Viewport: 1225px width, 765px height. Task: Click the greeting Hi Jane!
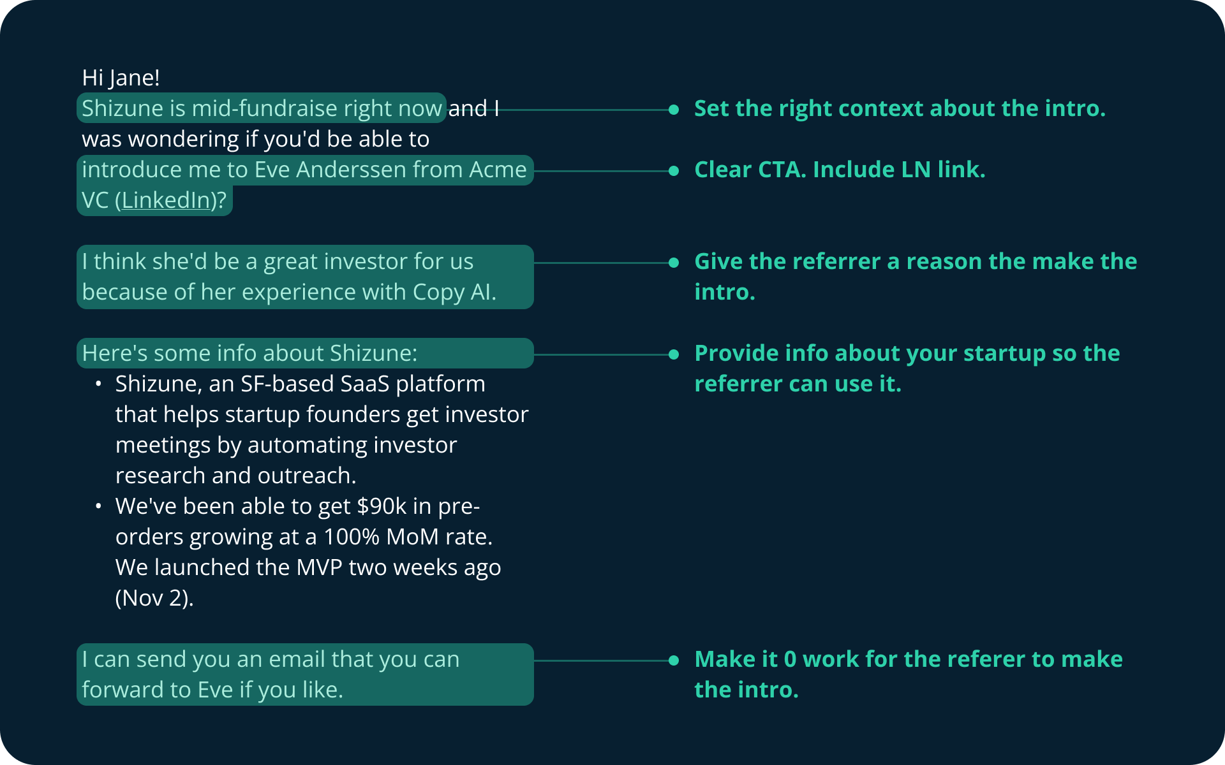(x=121, y=78)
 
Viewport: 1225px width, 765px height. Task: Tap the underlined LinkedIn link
(x=166, y=200)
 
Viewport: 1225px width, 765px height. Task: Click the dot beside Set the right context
(x=674, y=110)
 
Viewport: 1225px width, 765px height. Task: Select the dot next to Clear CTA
(x=674, y=171)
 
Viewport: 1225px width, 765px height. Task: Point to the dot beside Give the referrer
(x=674, y=263)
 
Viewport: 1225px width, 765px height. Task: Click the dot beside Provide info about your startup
(x=674, y=354)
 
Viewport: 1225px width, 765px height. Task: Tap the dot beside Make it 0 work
(x=674, y=660)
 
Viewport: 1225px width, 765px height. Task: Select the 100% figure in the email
(x=352, y=537)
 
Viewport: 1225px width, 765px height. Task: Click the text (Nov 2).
(x=154, y=598)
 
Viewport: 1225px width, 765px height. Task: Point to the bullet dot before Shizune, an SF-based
(x=98, y=384)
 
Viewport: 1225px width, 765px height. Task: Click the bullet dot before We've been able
(x=98, y=506)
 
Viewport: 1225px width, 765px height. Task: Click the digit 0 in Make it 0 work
(x=790, y=659)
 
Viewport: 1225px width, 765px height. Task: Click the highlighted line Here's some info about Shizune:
(x=249, y=353)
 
